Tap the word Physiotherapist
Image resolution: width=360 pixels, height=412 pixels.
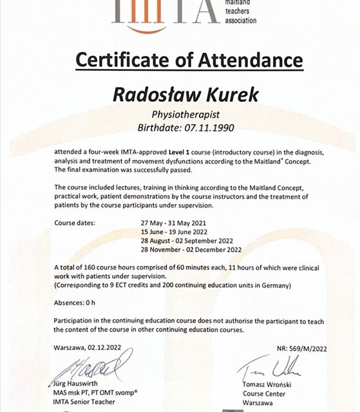point(180,115)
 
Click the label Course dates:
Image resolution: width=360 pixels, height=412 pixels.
point(75,223)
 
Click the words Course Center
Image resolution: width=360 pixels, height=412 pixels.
point(260,395)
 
